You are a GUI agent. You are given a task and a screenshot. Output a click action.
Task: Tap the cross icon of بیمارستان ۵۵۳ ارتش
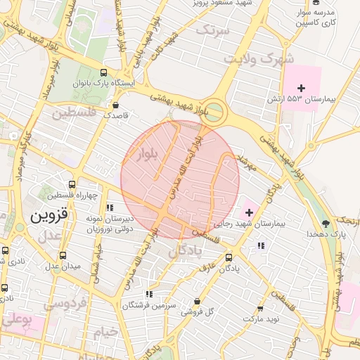302,88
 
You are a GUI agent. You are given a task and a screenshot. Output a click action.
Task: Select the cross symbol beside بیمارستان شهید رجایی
249,212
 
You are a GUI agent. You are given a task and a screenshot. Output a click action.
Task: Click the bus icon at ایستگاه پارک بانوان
104,72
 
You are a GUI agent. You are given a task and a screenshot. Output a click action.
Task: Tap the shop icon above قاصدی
115,105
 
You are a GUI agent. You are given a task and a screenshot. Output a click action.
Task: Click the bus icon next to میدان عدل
63,255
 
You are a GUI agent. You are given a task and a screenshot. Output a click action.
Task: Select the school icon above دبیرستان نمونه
109,207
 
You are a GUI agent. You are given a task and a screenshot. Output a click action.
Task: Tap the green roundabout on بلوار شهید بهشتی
217,110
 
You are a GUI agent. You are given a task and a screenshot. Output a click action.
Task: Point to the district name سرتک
213,30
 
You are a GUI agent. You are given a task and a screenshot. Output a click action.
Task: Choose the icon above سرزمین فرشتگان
148,294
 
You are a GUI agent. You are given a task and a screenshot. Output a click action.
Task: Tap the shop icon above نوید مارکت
261,308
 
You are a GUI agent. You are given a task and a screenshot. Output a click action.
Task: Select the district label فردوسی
66,304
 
